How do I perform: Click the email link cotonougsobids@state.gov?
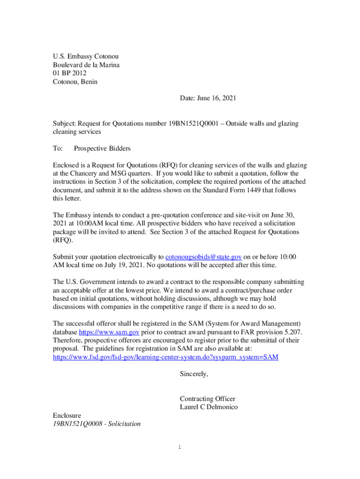[x=203, y=257]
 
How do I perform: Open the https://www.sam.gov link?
[x=109, y=332]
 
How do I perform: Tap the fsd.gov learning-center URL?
[x=166, y=357]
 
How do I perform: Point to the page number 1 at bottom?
[x=180, y=447]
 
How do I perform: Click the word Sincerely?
[x=194, y=374]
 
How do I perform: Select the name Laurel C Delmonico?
[x=209, y=407]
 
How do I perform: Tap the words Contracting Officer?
[x=207, y=399]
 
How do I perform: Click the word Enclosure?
[x=67, y=415]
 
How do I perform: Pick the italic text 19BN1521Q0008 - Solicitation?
[x=97, y=424]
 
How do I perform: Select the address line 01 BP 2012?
[x=70, y=73]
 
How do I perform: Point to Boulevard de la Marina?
[x=86, y=65]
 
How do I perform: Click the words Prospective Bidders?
[x=102, y=148]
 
